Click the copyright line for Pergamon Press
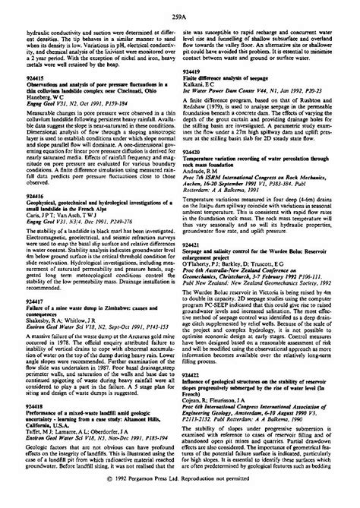click(179, 500)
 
